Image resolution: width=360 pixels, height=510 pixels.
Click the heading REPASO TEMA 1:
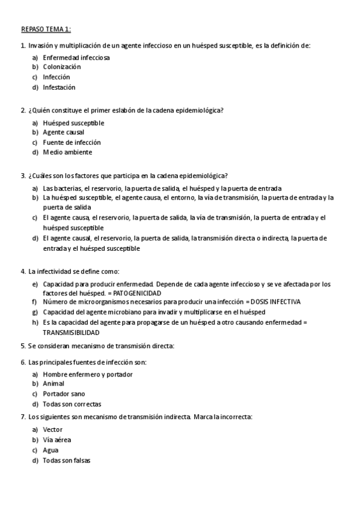(x=46, y=29)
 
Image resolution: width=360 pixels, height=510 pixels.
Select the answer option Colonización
(x=61, y=67)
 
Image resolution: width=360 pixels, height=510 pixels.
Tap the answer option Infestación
(x=59, y=87)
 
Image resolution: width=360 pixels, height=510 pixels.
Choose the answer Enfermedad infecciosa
(x=76, y=57)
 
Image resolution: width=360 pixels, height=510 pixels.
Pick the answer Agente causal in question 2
(x=63, y=132)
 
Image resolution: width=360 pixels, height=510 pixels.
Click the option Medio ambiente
(x=67, y=152)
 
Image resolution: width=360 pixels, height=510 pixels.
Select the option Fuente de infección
(x=72, y=143)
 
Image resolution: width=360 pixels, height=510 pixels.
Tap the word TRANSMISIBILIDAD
(x=71, y=332)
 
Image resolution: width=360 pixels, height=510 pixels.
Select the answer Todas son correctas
(x=72, y=404)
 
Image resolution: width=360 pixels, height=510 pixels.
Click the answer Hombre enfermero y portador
(x=88, y=374)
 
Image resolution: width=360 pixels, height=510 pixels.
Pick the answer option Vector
(x=52, y=430)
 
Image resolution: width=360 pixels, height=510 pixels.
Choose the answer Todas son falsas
(x=67, y=461)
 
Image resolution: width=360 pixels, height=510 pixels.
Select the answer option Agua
(x=50, y=450)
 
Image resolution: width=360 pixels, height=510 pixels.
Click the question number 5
(x=23, y=346)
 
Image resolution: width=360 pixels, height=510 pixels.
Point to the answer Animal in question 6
(x=53, y=384)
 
